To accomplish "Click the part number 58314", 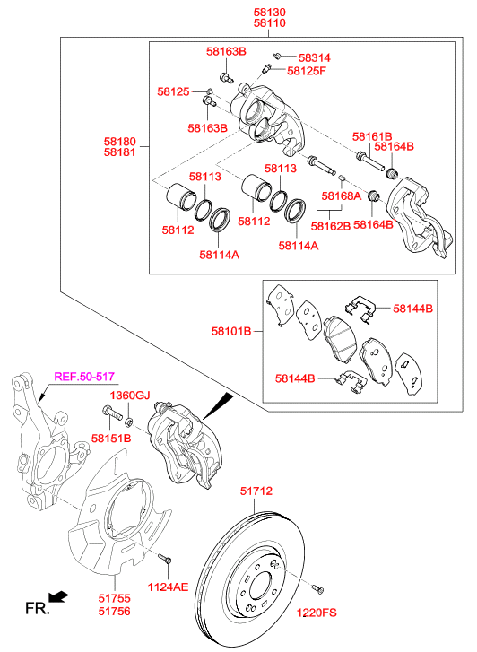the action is click(315, 57).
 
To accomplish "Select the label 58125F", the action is click(307, 71).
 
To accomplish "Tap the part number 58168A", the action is click(341, 196).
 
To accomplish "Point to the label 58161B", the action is click(372, 136).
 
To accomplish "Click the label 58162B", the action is click(331, 226).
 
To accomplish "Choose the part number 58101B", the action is click(231, 332).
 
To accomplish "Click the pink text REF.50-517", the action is click(84, 377).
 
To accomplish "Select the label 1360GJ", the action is click(130, 395).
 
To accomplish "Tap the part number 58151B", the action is click(111, 439).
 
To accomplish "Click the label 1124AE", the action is click(168, 587).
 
